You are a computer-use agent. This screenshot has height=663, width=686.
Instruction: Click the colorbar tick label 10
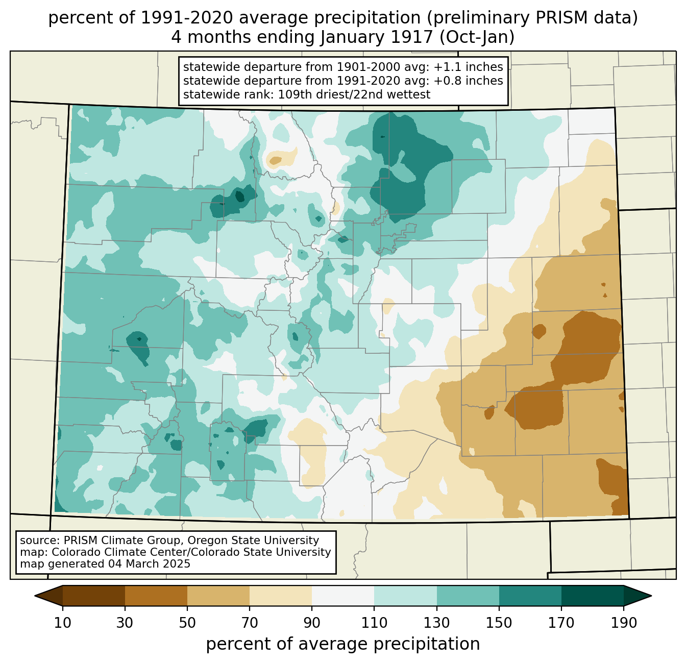tap(63, 623)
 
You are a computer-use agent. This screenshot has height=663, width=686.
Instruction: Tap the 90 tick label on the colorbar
tap(312, 623)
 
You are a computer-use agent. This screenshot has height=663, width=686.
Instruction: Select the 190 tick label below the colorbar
tap(624, 623)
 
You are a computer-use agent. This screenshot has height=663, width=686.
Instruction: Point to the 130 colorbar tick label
tap(437, 623)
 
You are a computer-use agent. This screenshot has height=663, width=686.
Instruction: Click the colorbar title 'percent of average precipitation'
tap(342, 644)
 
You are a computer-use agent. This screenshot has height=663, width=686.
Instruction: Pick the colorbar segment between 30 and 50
tap(156, 596)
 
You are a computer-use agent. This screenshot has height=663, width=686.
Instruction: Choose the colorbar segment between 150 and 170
tap(530, 596)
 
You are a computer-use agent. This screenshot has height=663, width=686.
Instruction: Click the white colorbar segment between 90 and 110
tap(343, 596)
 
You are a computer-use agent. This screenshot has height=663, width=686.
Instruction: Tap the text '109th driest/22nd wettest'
tap(354, 94)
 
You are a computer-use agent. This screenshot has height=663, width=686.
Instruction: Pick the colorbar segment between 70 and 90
tap(281, 596)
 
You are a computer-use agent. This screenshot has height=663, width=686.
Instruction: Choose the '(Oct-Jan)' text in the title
tap(477, 37)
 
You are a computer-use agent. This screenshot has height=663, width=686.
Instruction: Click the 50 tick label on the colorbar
tap(187, 623)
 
